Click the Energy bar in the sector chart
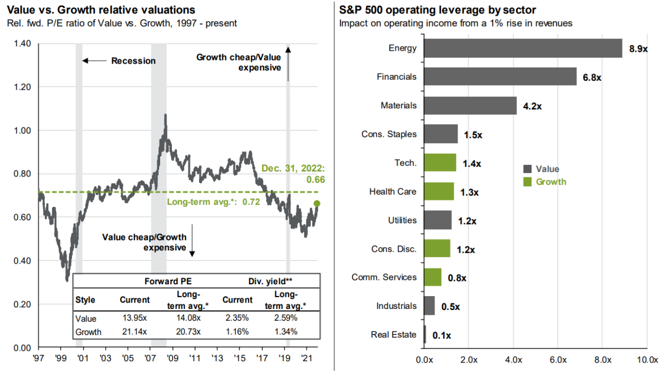tap(522, 48)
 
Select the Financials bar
tap(500, 77)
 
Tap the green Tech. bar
tap(439, 163)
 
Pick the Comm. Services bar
tap(433, 277)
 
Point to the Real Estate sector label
tap(394, 335)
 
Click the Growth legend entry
tap(551, 182)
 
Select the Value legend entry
tap(547, 169)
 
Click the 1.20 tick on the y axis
tap(23, 87)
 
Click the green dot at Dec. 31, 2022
tap(317, 203)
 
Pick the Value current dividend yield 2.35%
tap(237, 318)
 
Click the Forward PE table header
tap(167, 282)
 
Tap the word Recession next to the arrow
tap(133, 61)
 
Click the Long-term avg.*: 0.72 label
tap(213, 202)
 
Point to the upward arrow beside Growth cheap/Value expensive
tap(288, 64)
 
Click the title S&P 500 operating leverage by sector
tap(437, 10)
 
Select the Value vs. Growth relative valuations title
tap(100, 10)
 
